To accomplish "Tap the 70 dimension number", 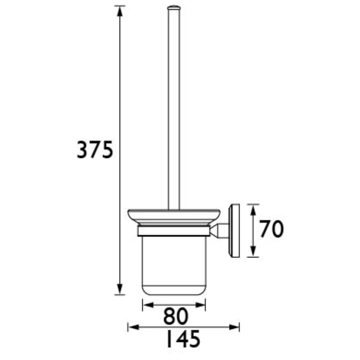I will (x=271, y=229).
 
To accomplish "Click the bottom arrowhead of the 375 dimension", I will (x=120, y=290).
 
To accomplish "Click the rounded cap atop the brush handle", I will (x=174, y=7).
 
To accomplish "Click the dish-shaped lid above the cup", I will (x=174, y=216).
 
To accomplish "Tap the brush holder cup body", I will (x=174, y=263).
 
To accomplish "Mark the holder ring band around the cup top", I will (x=174, y=231).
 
